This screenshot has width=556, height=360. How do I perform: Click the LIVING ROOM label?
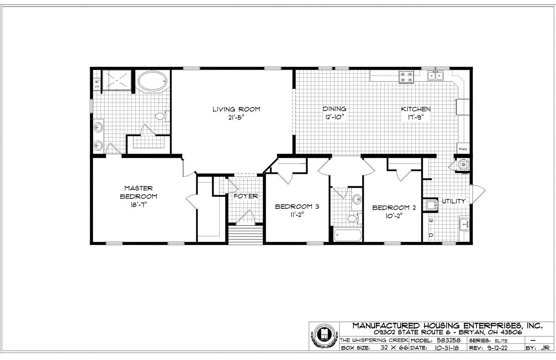pyautogui.click(x=236, y=109)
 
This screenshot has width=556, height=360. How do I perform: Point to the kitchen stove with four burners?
pyautogui.click(x=406, y=77)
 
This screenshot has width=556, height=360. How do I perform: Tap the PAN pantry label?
pyautogui.click(x=463, y=149)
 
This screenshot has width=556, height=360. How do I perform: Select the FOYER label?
pyautogui.click(x=246, y=196)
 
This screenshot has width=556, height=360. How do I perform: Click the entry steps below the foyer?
pyautogui.click(x=245, y=234)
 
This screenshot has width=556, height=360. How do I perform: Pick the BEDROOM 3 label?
pyautogui.click(x=297, y=207)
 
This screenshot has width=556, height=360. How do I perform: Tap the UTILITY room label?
pyautogui.click(x=454, y=201)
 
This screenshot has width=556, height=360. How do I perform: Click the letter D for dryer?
pyautogui.click(x=431, y=235)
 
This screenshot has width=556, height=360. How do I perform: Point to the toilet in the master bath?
pyautogui.click(x=160, y=116)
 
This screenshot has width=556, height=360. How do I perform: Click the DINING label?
pyautogui.click(x=335, y=109)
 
